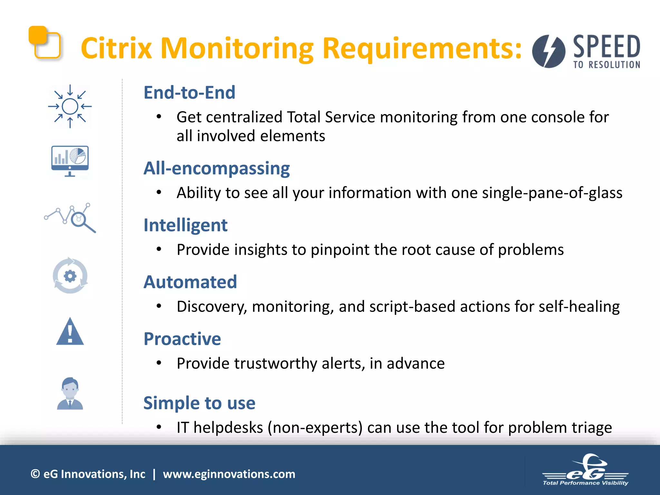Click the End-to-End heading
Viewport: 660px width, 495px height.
tap(189, 93)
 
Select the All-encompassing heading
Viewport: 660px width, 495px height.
tap(217, 168)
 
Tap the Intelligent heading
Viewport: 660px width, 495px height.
tap(185, 225)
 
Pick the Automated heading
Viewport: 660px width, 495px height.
tap(190, 282)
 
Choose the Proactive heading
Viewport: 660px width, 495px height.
tap(182, 339)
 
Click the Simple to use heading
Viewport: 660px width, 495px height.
tap(199, 403)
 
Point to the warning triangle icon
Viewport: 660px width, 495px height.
tap(70, 332)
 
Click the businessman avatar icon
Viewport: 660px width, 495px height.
tap(70, 394)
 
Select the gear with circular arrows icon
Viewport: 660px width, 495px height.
tap(70, 276)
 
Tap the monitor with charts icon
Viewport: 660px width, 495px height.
tap(70, 160)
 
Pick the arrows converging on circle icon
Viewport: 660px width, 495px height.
tap(70, 106)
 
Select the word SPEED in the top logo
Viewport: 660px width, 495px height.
tap(607, 47)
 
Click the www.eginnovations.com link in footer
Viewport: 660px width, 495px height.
tap(229, 474)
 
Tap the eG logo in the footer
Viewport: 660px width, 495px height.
tap(586, 471)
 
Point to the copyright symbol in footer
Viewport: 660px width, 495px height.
tap(35, 474)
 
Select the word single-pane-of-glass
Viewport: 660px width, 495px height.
tap(552, 193)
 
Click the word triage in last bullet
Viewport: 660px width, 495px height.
tap(592, 428)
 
